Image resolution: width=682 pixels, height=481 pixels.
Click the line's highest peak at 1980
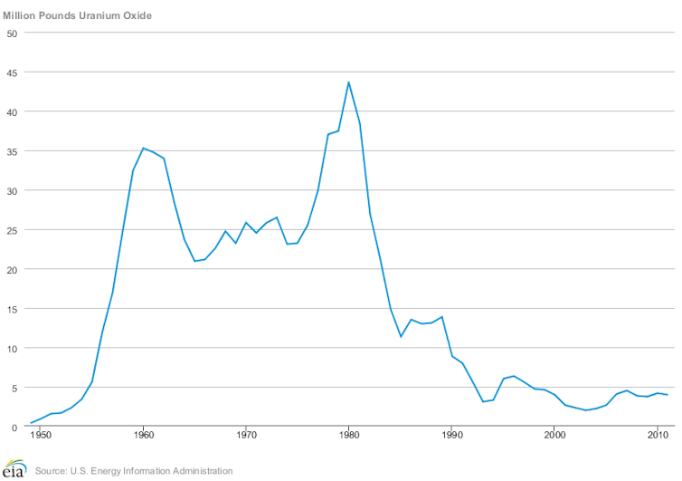click(x=348, y=82)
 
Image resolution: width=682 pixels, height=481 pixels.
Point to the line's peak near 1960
click(x=143, y=148)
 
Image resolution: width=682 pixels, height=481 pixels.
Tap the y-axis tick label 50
click(x=12, y=33)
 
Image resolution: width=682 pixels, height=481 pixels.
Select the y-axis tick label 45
click(x=12, y=72)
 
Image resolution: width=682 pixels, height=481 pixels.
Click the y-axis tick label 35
click(x=12, y=151)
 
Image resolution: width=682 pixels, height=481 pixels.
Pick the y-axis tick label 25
click(x=12, y=230)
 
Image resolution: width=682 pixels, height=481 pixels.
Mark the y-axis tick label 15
click(x=12, y=309)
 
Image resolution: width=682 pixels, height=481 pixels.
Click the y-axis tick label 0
click(x=14, y=428)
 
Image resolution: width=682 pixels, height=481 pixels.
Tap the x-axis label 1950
click(x=41, y=437)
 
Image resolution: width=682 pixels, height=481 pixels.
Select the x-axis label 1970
click(x=246, y=437)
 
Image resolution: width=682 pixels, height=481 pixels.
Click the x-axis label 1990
click(x=451, y=437)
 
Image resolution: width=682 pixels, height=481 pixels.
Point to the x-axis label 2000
click(x=554, y=437)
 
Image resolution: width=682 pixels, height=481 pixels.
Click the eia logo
click(x=14, y=468)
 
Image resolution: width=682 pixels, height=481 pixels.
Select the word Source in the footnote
click(x=52, y=471)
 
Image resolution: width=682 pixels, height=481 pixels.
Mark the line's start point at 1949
click(x=31, y=423)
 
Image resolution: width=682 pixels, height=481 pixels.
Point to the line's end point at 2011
click(x=668, y=395)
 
